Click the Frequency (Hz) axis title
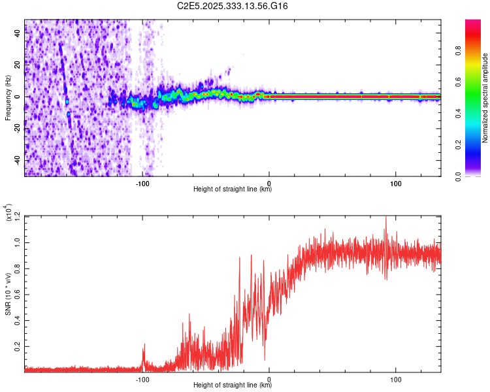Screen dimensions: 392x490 click(8, 98)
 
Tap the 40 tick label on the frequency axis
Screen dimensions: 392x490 click(16, 34)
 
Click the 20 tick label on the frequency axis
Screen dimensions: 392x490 click(16, 65)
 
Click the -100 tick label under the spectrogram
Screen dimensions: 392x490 click(143, 183)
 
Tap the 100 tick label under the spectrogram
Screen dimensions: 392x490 click(395, 183)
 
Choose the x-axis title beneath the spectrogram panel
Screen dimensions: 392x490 click(233, 189)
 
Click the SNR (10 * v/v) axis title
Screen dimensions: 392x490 click(8, 293)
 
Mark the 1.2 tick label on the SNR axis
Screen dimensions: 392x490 click(18, 216)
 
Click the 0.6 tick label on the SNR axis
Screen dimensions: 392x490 click(18, 294)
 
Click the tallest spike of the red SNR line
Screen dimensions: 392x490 click(385, 218)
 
